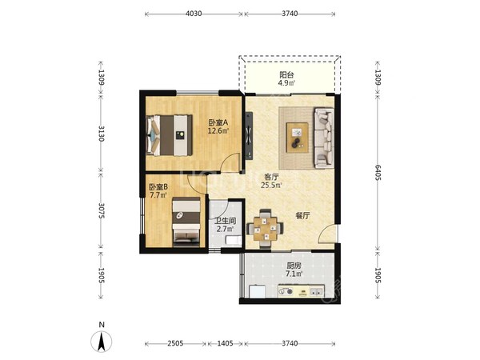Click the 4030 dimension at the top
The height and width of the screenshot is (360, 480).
click(194, 14)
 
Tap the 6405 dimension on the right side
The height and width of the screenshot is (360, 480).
click(378, 172)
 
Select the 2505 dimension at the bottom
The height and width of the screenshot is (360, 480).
click(175, 343)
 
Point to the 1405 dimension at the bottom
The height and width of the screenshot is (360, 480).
click(225, 343)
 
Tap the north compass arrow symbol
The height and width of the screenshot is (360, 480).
click(102, 341)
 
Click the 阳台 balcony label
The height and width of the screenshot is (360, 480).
click(286, 74)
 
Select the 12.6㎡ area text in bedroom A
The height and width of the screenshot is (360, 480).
click(218, 131)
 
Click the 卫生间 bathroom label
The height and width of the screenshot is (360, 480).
click(225, 221)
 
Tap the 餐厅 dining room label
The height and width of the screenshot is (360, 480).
click(302, 216)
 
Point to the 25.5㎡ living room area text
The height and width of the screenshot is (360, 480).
click(271, 185)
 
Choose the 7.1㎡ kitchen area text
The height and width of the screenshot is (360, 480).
click(294, 274)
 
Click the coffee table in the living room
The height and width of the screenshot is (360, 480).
click(297, 138)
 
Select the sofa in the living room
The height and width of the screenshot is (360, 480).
click(323, 138)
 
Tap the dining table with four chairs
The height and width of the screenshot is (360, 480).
click(265, 228)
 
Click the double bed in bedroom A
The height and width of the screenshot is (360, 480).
click(170, 135)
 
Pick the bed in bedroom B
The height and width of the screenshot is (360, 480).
click(186, 222)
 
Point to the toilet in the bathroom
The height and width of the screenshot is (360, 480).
click(234, 240)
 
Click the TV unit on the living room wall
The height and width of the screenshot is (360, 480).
click(249, 136)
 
